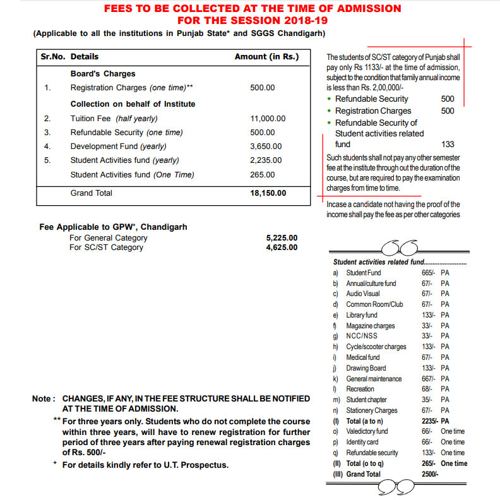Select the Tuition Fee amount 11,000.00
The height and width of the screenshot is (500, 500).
coord(268,119)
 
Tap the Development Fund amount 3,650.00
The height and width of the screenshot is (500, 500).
coord(266,146)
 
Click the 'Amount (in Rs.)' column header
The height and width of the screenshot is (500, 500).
coord(266,57)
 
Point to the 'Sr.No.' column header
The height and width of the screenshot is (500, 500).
coord(54,57)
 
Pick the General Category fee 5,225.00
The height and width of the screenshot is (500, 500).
coord(282,238)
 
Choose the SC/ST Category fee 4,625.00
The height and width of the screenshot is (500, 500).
coord(282,247)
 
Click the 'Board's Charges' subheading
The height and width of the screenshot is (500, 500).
coord(103,73)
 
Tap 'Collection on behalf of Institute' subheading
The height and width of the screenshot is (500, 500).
coord(133,104)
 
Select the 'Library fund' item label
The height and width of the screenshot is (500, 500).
coord(362,315)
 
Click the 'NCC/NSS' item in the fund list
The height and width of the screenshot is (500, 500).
coord(362,336)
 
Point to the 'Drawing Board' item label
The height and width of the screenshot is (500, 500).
coord(366,368)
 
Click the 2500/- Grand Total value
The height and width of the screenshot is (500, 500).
coord(430,474)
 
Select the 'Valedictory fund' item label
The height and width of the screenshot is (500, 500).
coord(367,432)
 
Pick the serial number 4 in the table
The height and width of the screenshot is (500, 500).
coord(47,146)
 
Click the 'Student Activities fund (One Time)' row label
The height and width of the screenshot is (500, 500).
coord(132,175)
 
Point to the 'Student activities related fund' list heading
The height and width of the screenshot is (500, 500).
coord(378,262)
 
